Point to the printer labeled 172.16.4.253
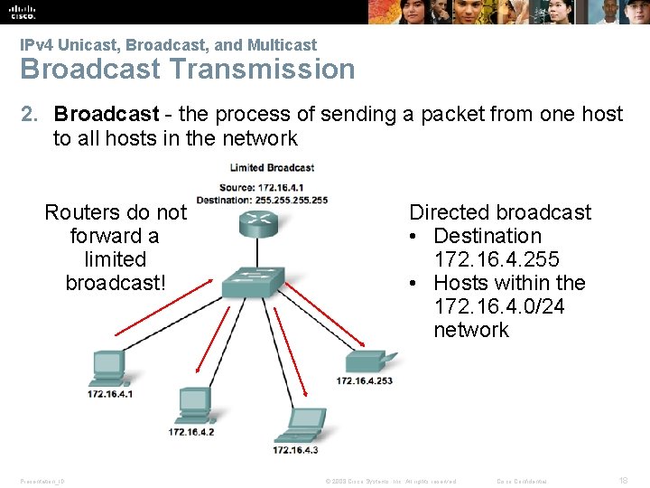click(369, 362)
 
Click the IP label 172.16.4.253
click(365, 381)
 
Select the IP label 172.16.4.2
click(191, 432)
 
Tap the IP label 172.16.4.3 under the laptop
click(295, 449)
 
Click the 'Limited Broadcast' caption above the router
click(272, 168)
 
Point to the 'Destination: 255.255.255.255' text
click(262, 200)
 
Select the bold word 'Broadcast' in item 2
click(106, 115)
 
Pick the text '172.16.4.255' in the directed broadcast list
click(497, 259)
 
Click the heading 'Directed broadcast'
click(500, 212)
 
